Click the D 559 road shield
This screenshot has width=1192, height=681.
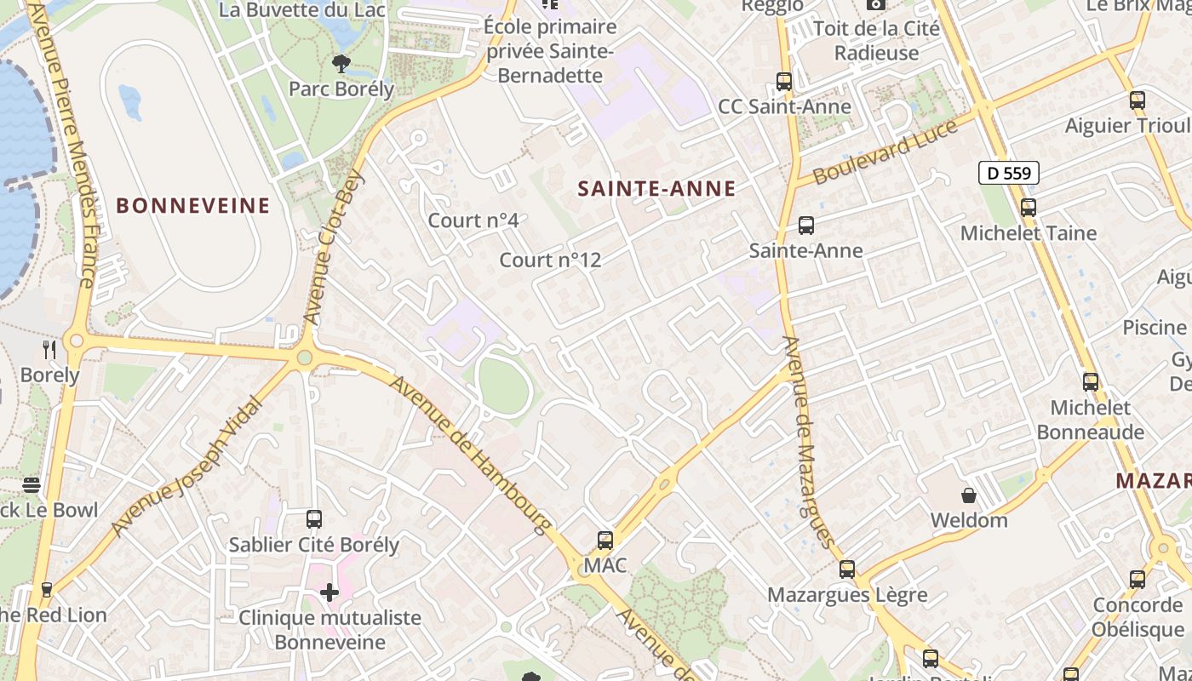click(1009, 174)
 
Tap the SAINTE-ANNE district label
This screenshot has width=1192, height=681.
click(656, 189)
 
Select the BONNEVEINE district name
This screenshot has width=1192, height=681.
click(193, 205)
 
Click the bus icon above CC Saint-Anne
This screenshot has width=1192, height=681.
click(784, 82)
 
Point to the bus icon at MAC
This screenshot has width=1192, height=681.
click(605, 540)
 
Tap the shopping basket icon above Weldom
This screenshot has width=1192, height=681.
click(968, 495)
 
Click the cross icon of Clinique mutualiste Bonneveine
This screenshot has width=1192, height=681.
click(330, 592)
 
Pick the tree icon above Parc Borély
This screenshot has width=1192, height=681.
click(341, 62)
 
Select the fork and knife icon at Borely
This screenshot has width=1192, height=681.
click(49, 349)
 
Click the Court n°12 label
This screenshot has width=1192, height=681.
click(550, 260)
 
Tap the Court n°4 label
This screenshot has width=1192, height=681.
click(473, 220)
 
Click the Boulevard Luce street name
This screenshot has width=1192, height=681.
click(885, 152)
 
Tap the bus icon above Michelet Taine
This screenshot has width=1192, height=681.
click(1029, 207)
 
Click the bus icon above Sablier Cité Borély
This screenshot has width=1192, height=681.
click(314, 518)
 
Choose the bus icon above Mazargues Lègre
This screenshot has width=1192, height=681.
click(847, 569)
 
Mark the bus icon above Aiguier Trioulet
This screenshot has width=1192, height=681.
click(1138, 100)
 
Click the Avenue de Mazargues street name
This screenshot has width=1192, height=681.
click(805, 441)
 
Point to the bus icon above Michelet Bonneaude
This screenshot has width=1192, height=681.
click(1091, 382)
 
